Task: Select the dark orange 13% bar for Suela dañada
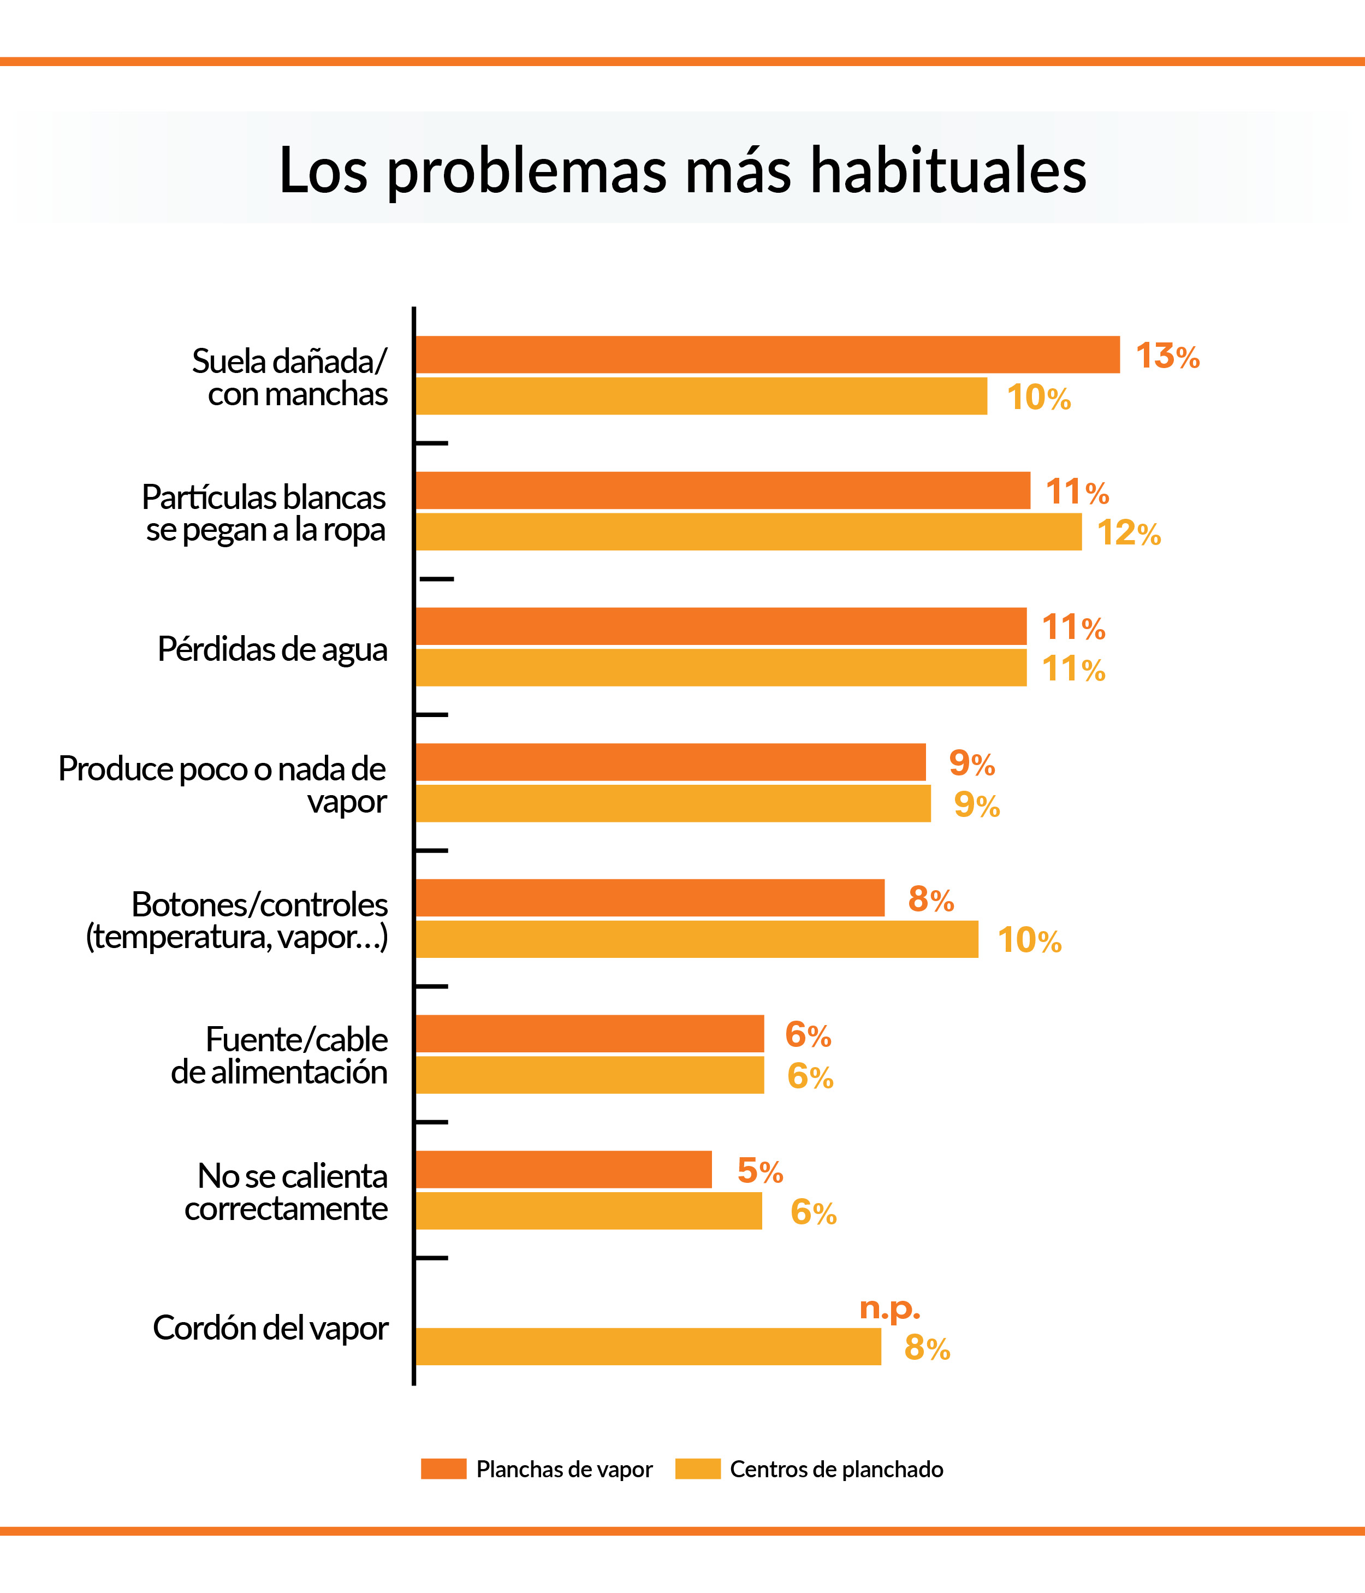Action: pyautogui.click(x=767, y=354)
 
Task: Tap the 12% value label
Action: pyautogui.click(x=1128, y=533)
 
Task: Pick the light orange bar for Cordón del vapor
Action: pyautogui.click(x=648, y=1346)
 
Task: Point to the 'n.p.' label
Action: pyautogui.click(x=889, y=1307)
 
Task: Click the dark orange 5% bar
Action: pyautogui.click(x=563, y=1169)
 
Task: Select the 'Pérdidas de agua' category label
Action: pyautogui.click(x=272, y=649)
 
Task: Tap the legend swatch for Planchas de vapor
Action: pyautogui.click(x=443, y=1468)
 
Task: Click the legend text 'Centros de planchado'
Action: pyautogui.click(x=836, y=1469)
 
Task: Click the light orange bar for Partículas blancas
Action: pyautogui.click(x=749, y=532)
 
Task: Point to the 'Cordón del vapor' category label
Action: pyautogui.click(x=270, y=1328)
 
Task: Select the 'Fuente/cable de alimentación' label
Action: pyautogui.click(x=280, y=1055)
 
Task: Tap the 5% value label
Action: pyautogui.click(x=759, y=1171)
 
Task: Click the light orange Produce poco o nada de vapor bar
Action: pyautogui.click(x=673, y=803)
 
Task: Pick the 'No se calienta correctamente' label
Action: pyautogui.click(x=286, y=1192)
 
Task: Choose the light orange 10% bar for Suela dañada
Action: pyautogui.click(x=701, y=396)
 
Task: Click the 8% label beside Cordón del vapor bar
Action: pyautogui.click(x=927, y=1348)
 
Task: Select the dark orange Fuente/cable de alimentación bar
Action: pyautogui.click(x=590, y=1033)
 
